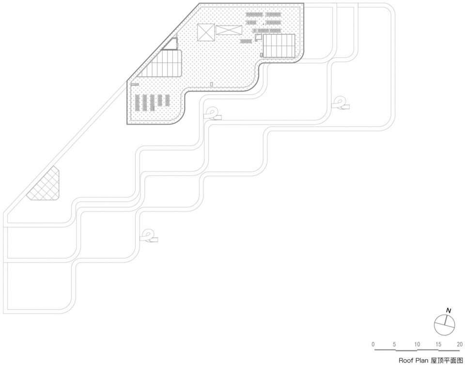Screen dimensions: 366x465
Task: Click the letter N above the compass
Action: click(449, 310)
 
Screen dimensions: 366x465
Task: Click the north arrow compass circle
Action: click(445, 325)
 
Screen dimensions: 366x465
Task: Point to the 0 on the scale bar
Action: click(373, 344)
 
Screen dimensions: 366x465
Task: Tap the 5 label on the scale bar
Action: click(395, 344)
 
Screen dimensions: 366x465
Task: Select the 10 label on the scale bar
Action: click(417, 344)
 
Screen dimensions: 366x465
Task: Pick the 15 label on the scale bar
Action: click(438, 344)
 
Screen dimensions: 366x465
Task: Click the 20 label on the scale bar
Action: click(459, 344)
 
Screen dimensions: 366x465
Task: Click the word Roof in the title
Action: click(405, 361)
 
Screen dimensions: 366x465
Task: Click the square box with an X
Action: click(205, 33)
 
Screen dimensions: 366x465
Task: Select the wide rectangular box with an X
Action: click(228, 30)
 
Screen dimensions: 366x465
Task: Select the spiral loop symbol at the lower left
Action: click(148, 236)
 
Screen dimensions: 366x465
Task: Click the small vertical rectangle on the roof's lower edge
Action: click(212, 84)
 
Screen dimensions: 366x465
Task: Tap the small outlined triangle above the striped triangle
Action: click(171, 45)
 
